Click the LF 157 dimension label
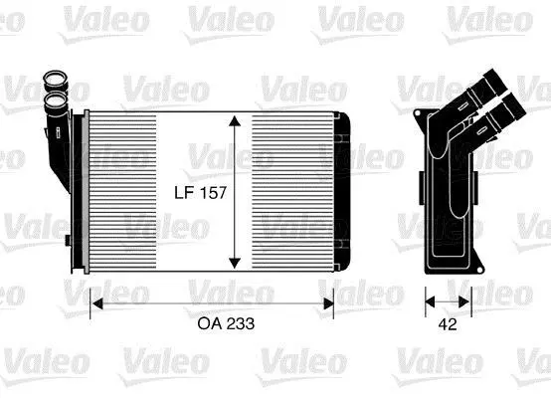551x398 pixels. [200, 193]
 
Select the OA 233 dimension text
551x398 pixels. [226, 323]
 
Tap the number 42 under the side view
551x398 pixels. [448, 324]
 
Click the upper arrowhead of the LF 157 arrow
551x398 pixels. [235, 121]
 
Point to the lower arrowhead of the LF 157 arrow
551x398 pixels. [235, 263]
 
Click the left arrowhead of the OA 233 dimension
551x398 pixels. [96, 303]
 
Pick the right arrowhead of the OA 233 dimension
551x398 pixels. [328, 303]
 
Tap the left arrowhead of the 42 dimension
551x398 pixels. [430, 301]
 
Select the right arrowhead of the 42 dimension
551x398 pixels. [464, 301]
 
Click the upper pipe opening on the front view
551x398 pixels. [55, 80]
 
